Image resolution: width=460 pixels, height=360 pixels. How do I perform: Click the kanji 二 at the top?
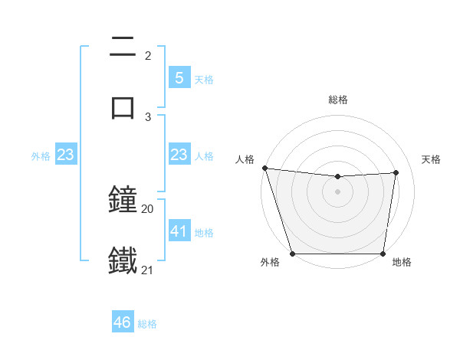point(123,47)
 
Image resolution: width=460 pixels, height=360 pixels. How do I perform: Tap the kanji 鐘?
point(123,201)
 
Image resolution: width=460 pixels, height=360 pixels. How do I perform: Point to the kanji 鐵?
point(123,260)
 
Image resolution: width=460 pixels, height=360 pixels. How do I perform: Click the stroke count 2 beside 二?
point(148,56)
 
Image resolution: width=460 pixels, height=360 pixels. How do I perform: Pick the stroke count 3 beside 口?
point(148,116)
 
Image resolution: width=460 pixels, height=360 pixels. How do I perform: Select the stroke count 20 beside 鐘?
point(148,208)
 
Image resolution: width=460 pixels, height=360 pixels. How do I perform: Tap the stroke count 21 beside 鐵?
point(148,270)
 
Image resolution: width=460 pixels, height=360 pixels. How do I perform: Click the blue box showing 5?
point(179,78)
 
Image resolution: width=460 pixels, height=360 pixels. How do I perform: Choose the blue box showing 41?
point(179,231)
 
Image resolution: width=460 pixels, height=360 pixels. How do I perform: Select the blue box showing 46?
point(123,322)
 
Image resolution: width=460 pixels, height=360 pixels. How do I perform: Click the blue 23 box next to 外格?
point(66,155)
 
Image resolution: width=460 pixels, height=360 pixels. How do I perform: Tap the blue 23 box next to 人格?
point(179,155)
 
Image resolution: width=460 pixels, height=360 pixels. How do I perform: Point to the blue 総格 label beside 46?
point(147,324)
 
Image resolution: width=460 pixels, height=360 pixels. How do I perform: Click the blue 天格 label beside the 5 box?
point(204,80)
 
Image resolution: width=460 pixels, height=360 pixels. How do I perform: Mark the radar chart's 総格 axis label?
point(337,100)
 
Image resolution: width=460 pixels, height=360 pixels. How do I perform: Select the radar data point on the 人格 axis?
point(264,168)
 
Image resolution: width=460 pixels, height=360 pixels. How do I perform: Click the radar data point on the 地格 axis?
point(383,254)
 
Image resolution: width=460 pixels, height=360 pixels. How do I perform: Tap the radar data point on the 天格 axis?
point(396,172)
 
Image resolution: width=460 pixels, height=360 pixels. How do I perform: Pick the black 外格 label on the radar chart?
point(270,263)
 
